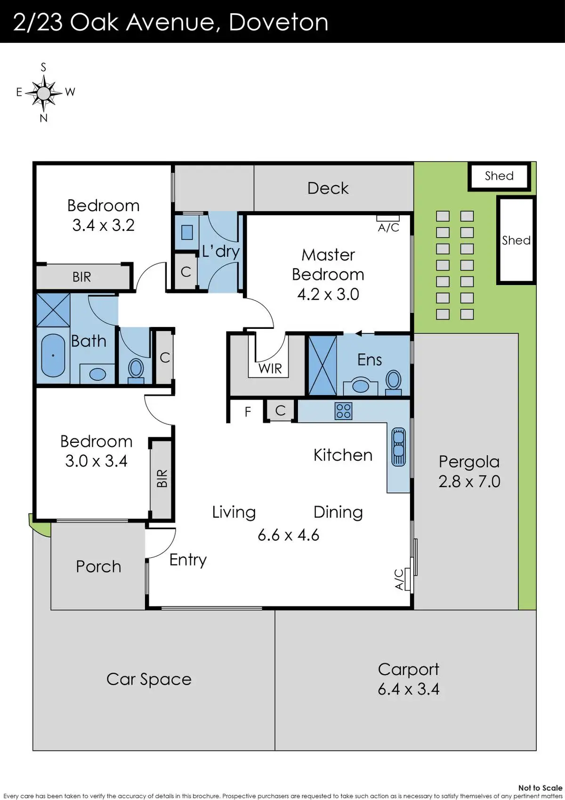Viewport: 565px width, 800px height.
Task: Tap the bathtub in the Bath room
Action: tap(53, 355)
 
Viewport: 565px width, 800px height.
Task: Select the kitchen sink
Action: tap(399, 447)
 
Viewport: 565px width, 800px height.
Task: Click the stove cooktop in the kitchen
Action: tap(343, 411)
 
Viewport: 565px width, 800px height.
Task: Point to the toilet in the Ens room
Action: tap(393, 382)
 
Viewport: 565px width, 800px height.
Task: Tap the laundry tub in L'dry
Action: tap(186, 232)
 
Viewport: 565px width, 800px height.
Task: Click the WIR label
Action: tap(270, 368)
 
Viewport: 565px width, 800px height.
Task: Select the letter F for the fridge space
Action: tap(248, 412)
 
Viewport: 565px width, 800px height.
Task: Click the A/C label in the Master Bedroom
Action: tap(388, 228)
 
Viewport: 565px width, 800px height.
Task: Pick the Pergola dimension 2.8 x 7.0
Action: tap(469, 482)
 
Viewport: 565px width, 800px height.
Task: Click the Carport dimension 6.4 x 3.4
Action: tap(408, 689)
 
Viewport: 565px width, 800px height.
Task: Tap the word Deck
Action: tap(328, 188)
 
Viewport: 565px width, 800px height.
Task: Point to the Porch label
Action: tap(98, 566)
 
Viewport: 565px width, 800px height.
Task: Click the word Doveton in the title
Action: tap(278, 22)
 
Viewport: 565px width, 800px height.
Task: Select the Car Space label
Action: tap(149, 680)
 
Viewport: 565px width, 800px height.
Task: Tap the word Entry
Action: tap(188, 560)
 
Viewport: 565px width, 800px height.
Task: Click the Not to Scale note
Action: tap(541, 788)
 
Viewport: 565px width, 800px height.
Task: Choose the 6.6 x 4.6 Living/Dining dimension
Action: tap(289, 535)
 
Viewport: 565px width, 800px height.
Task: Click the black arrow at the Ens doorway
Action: tap(359, 334)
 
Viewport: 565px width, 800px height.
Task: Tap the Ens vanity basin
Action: tap(361, 386)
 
